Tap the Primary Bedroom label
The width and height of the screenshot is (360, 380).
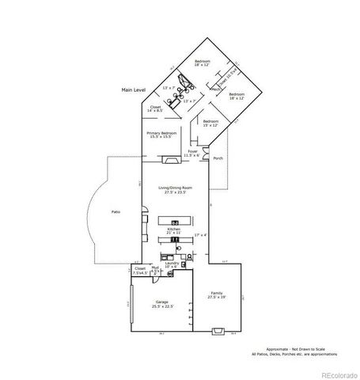pos(161,135)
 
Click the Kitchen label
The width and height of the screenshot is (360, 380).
pos(173,231)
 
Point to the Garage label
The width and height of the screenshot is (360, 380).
pos(162,304)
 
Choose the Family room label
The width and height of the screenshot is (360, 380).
pos(217,295)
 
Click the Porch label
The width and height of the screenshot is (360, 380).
pos(218,158)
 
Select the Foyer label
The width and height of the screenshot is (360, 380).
pos(192,153)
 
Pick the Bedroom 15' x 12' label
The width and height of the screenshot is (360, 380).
pos(210,123)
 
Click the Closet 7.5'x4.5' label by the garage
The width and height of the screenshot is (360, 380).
pos(140,271)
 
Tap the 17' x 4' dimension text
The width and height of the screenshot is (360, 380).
pos(199,235)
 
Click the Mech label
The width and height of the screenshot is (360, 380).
pos(214,90)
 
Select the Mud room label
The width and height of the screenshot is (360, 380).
pos(156,270)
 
